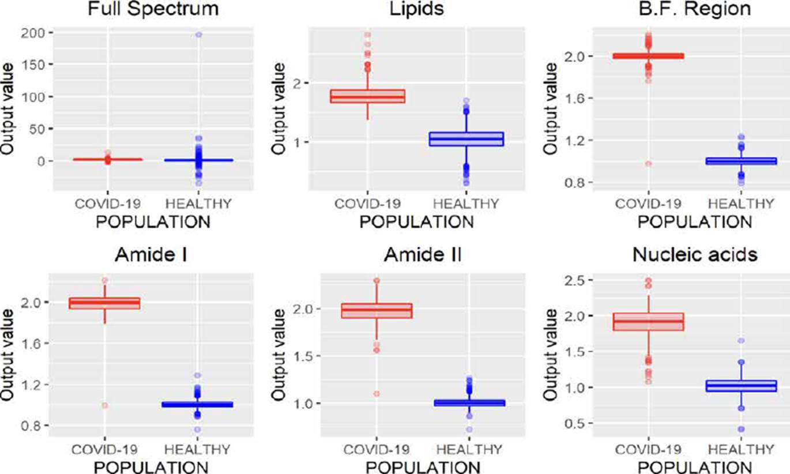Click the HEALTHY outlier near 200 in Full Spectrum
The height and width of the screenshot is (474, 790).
[x=198, y=35]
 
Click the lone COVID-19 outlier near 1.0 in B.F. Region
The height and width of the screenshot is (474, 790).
[x=648, y=164]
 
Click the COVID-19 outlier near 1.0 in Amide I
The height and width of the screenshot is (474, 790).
[x=104, y=405]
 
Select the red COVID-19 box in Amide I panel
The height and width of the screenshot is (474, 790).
[x=104, y=303]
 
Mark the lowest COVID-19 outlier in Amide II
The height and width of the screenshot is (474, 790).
[x=376, y=393]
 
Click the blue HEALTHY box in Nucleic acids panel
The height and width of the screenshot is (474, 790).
[x=742, y=386]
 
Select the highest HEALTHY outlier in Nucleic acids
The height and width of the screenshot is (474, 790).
[x=742, y=341]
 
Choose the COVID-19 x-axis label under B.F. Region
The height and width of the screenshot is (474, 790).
[x=648, y=204]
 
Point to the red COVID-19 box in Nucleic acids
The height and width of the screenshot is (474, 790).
[x=648, y=321]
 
